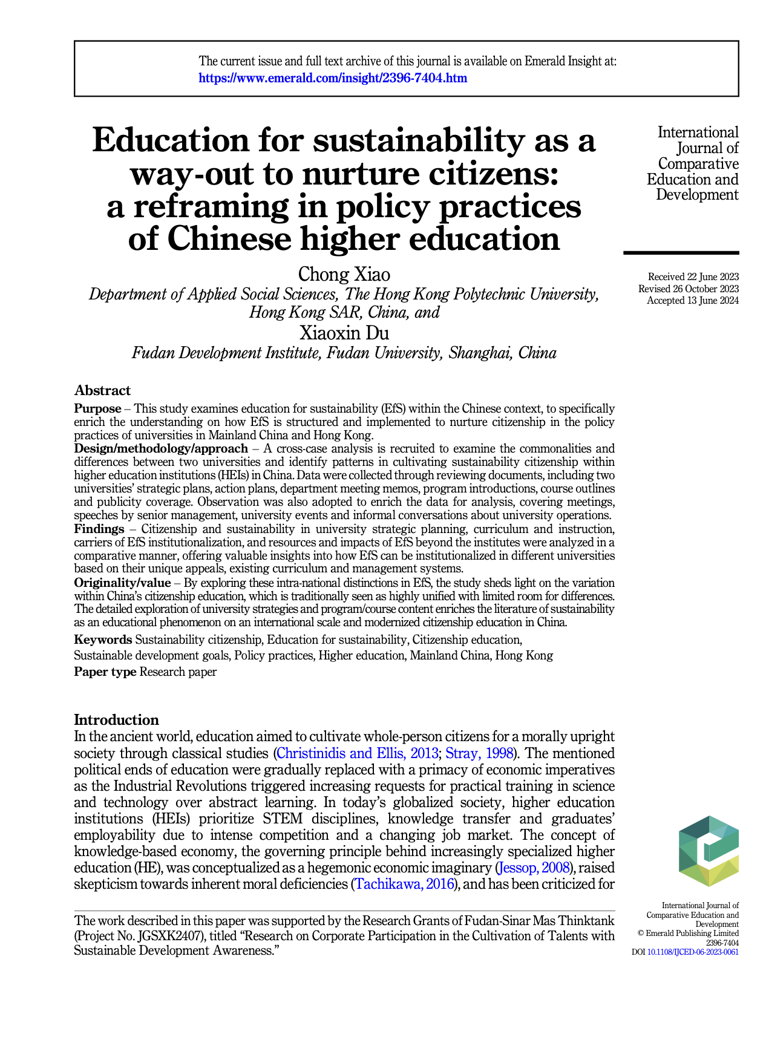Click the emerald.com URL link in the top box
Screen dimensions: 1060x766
pos(333,78)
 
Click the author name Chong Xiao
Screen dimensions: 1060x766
pos(344,275)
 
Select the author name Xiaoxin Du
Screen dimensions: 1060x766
pos(344,333)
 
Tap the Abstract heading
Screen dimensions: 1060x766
pos(102,390)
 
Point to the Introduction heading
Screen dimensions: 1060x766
pos(116,719)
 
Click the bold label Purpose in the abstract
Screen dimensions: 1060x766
pos(97,408)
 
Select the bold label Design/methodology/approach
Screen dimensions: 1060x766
pos(161,448)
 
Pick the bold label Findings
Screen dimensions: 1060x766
pos(99,529)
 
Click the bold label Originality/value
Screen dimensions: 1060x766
pos(122,583)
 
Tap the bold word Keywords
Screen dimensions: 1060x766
pos(103,640)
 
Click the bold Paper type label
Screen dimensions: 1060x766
pos(105,672)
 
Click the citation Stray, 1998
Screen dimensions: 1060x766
pos(479,753)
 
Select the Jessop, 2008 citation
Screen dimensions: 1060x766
pos(533,868)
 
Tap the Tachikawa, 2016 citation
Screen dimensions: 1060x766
pos(404,885)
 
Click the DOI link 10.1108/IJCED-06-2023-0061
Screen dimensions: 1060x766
pos(692,952)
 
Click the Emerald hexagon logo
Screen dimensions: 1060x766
pos(708,851)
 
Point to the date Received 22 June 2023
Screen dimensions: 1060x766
pos(693,277)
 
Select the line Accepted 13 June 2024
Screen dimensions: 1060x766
pos(693,301)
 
